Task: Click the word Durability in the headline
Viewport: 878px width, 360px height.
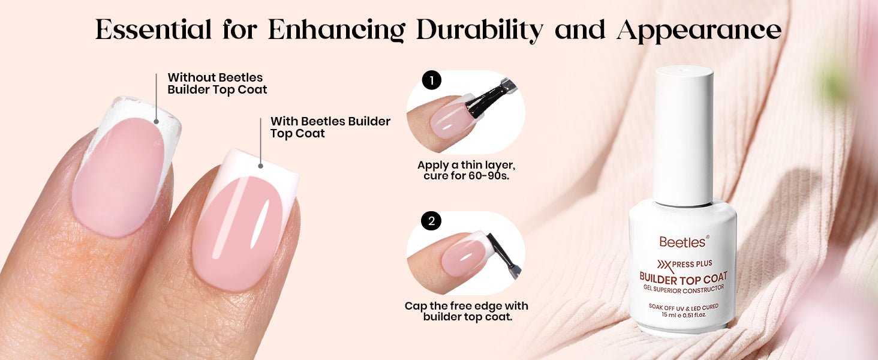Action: tap(480, 30)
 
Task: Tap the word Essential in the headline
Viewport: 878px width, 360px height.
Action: tap(154, 29)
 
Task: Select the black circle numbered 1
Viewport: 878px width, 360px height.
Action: tap(432, 80)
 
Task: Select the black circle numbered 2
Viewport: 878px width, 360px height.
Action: tap(431, 221)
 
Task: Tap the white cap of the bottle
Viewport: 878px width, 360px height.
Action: tap(684, 135)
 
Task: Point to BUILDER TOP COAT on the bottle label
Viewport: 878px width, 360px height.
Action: tap(683, 278)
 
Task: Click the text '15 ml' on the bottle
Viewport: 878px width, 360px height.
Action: tap(670, 314)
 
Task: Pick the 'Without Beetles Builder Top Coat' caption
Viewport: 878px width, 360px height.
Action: tap(217, 83)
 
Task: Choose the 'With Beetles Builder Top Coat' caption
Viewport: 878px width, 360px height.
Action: tap(330, 127)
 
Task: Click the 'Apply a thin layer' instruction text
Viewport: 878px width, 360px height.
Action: tap(466, 170)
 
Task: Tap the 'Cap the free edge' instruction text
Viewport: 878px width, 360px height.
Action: tap(467, 311)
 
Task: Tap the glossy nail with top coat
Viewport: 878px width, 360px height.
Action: tap(245, 221)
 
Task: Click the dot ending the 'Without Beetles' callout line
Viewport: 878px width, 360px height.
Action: tap(156, 122)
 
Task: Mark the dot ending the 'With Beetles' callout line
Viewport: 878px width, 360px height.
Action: tap(261, 166)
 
